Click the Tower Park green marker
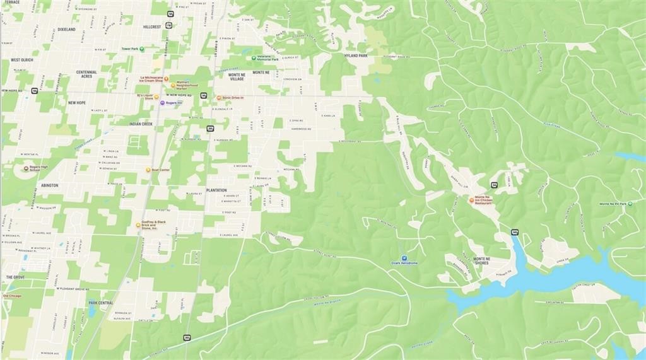pyautogui.click(x=142, y=49)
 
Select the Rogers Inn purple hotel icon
pyautogui.click(x=162, y=103)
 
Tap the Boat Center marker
pyautogui.click(x=148, y=170)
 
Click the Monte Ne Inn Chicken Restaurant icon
pyautogui.click(x=471, y=200)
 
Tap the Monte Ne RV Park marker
pyautogui.click(x=613, y=204)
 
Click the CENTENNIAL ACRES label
pyautogui.click(x=86, y=74)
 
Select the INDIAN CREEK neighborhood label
pyautogui.click(x=141, y=124)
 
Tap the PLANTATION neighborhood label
pyautogui.click(x=216, y=190)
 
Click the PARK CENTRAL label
pyautogui.click(x=101, y=303)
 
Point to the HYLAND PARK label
pyautogui.click(x=355, y=55)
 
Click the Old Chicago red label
pyautogui.click(x=13, y=296)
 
